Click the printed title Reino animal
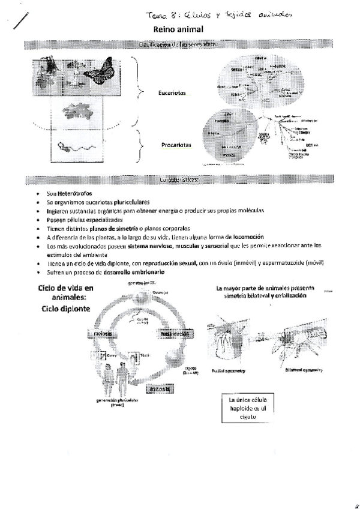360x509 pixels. pos(179,29)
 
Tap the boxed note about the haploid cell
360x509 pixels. pos(247,408)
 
